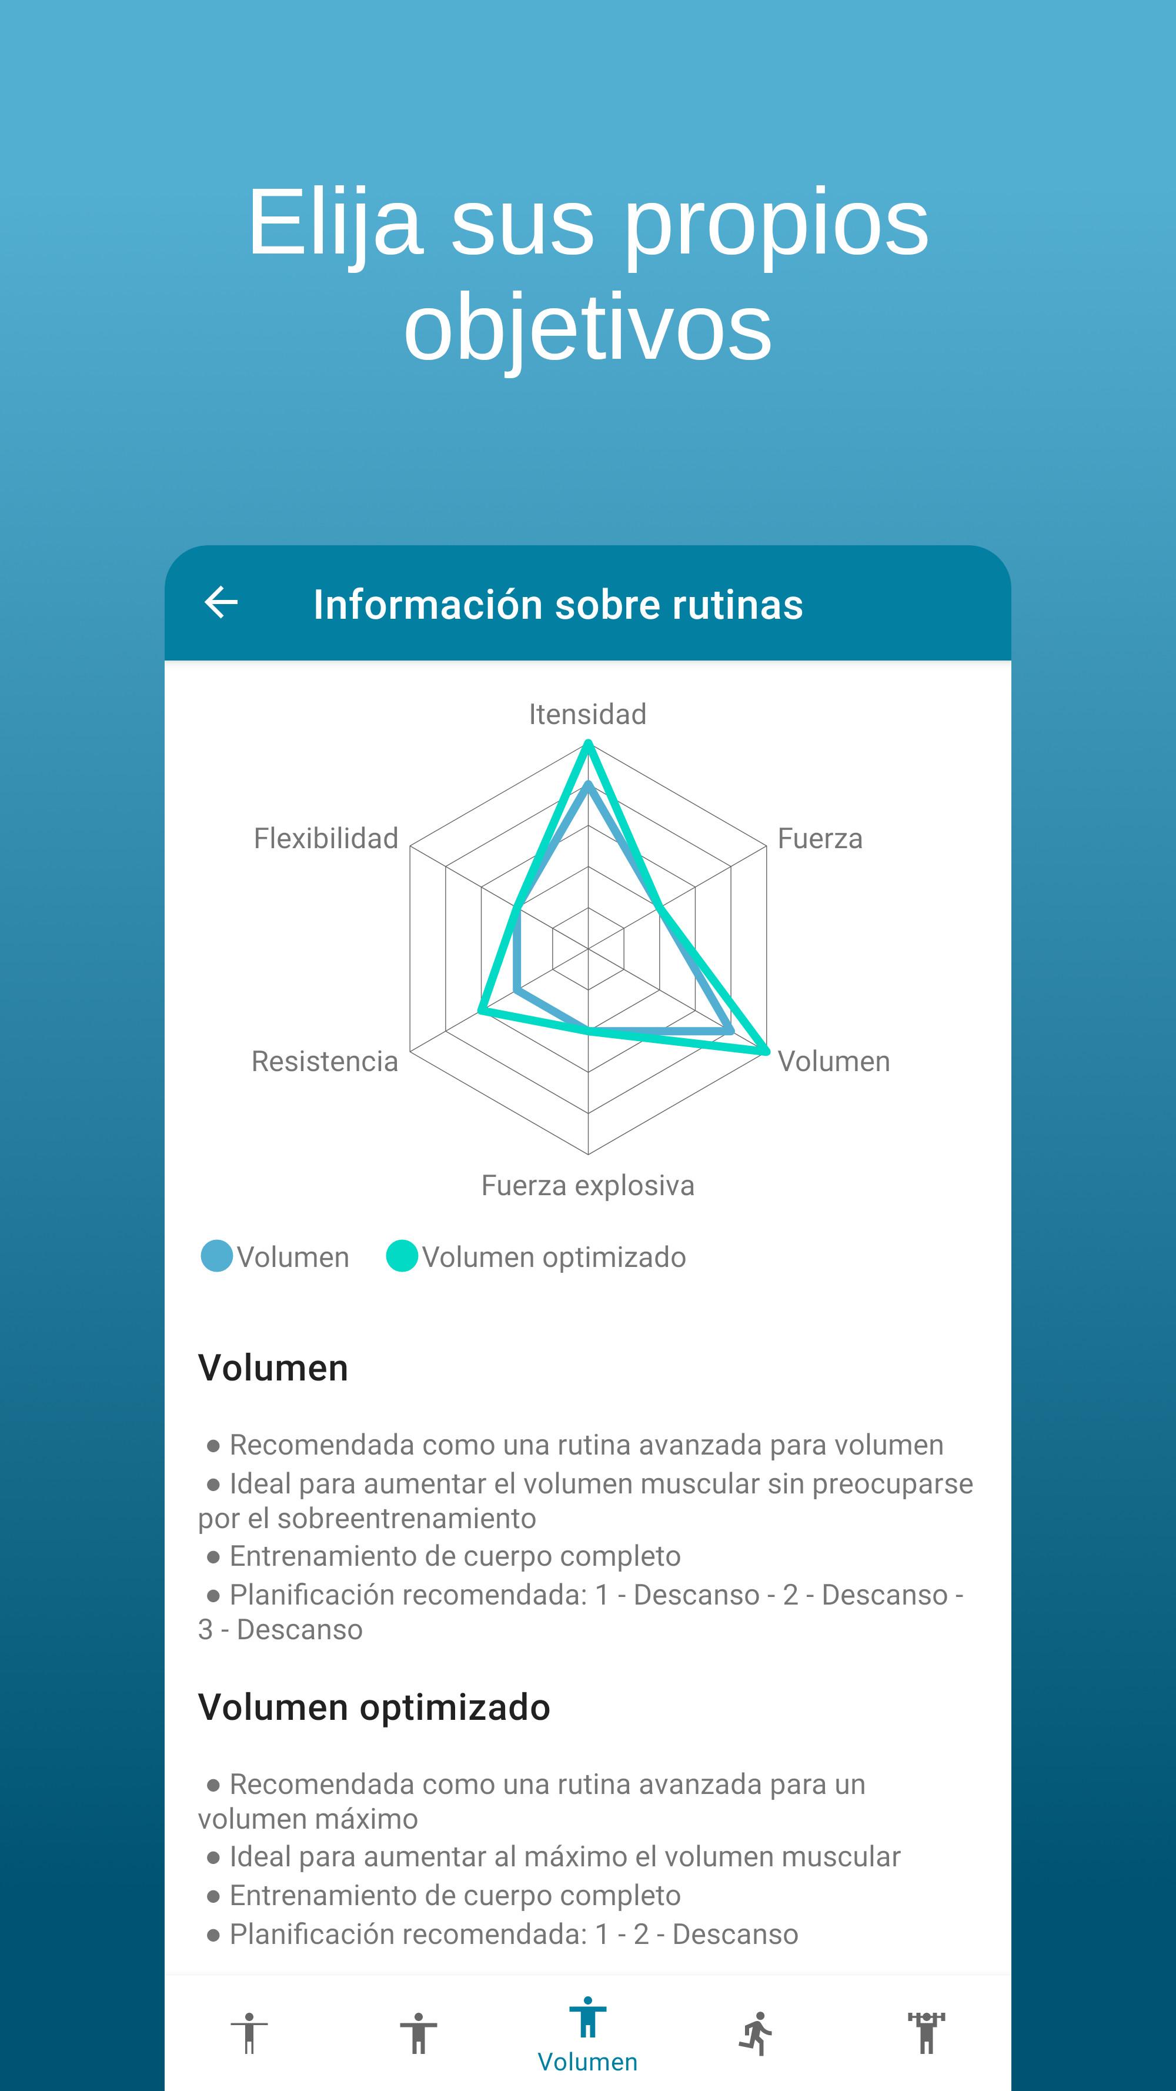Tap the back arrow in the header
[220, 602]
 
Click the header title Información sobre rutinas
[559, 605]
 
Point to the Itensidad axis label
[587, 714]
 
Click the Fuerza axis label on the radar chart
[820, 839]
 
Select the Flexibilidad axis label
[326, 839]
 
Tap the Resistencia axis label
[325, 1061]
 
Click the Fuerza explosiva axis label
[587, 1186]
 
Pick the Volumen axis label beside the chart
[834, 1061]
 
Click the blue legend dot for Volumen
[217, 1256]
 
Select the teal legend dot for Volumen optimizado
[402, 1256]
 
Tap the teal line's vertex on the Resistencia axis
[480, 1011]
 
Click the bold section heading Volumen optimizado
[374, 1707]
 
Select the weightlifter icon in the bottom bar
[926, 2033]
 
